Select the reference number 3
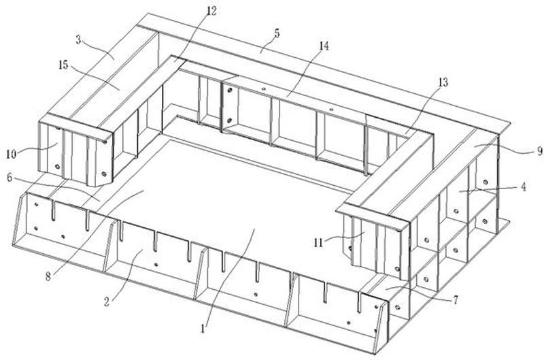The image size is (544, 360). click(x=79, y=39)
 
